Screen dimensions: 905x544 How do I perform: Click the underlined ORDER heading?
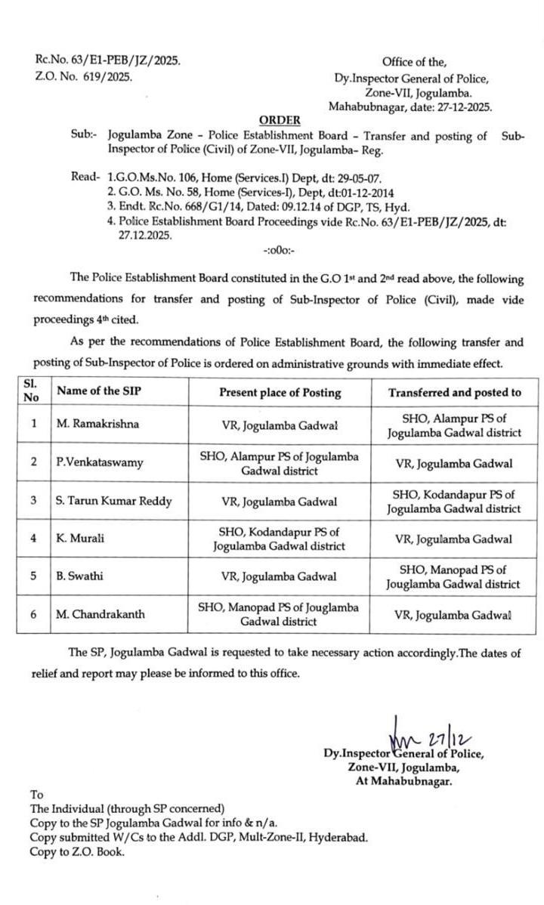coord(280,120)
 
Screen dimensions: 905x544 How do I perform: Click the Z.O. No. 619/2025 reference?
coord(83,76)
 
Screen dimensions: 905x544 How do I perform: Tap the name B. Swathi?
coord(79,576)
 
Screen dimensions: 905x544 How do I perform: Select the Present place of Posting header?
coord(280,392)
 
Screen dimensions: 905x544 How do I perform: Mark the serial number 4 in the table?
coord(33,539)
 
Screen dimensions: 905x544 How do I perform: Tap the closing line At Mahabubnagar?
coord(403,782)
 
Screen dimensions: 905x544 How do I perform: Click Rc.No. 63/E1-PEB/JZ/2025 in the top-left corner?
coord(108,60)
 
